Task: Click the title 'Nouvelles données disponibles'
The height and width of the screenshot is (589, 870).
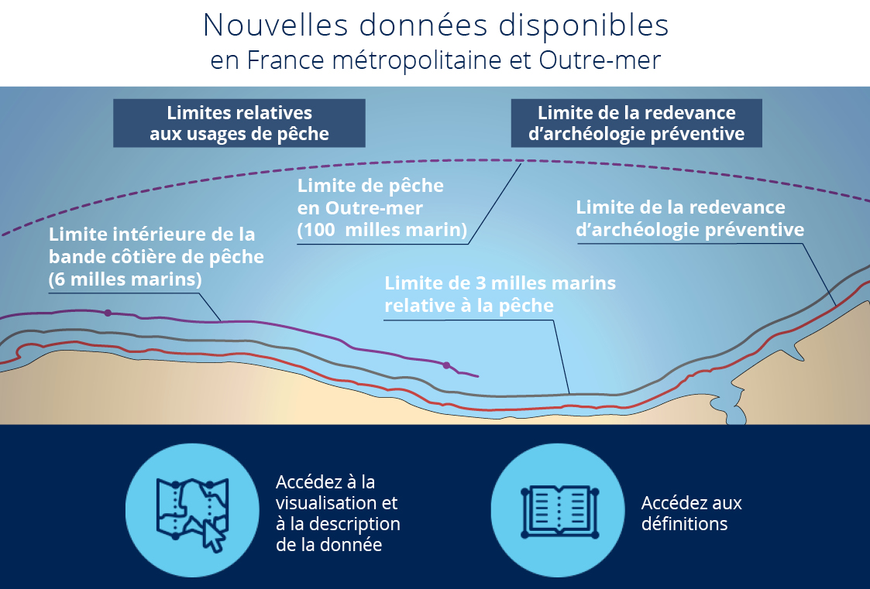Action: [435, 25]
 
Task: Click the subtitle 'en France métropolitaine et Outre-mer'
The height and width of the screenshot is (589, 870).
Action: [435, 60]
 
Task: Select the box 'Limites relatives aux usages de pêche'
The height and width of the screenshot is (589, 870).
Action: [239, 123]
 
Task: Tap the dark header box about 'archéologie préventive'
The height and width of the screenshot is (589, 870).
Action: [636, 123]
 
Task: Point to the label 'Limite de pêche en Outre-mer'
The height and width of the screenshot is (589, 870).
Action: [370, 197]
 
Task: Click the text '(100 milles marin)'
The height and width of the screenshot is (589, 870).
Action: [382, 229]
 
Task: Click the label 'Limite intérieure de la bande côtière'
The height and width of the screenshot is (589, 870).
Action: [156, 245]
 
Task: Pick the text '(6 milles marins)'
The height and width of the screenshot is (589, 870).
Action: [126, 279]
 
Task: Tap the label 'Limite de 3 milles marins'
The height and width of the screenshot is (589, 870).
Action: [500, 283]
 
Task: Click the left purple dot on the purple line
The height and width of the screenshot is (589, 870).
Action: [108, 313]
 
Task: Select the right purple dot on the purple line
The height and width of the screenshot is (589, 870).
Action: [446, 365]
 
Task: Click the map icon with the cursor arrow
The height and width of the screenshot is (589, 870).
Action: [192, 513]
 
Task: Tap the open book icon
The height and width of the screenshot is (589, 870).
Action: [559, 512]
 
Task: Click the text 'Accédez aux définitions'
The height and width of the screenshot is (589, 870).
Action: [691, 513]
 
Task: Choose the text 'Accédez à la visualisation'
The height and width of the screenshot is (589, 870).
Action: [337, 492]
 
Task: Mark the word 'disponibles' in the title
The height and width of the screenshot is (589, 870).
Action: [583, 25]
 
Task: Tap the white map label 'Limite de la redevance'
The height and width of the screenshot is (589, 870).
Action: [680, 207]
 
